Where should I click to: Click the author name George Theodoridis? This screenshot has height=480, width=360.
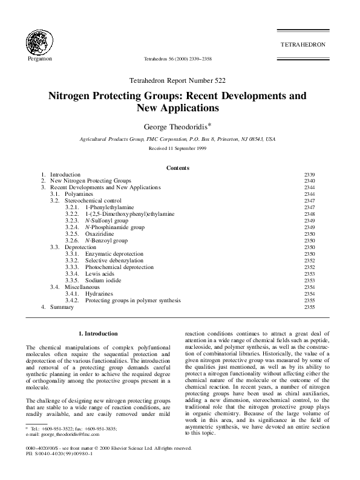[178, 127]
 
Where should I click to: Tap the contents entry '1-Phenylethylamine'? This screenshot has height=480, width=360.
[110, 207]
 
